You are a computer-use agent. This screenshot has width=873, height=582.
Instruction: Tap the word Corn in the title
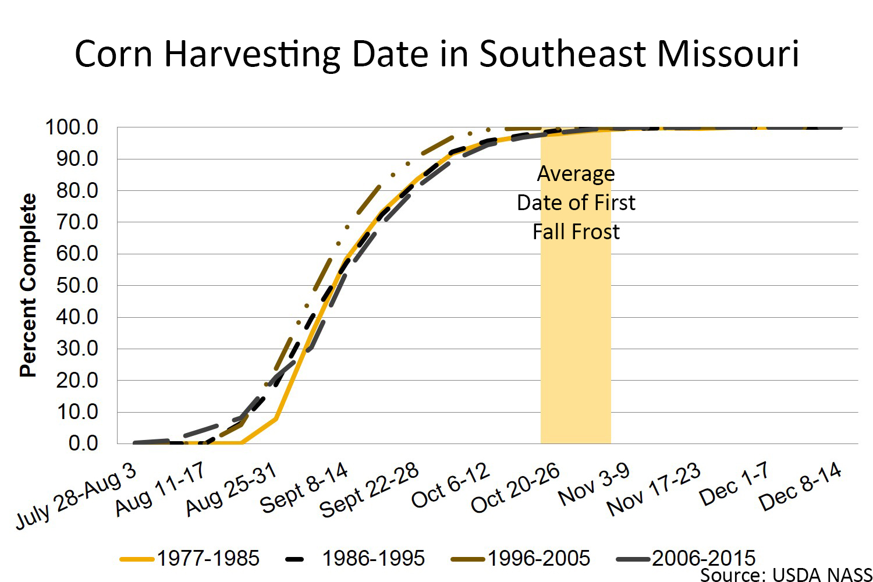(x=113, y=54)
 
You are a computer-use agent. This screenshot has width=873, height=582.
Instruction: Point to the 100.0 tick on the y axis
(x=72, y=127)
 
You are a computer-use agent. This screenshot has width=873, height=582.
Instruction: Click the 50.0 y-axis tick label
(x=77, y=285)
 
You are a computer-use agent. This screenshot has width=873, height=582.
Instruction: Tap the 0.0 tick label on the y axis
(x=83, y=443)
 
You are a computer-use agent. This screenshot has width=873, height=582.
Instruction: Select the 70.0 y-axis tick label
(x=77, y=222)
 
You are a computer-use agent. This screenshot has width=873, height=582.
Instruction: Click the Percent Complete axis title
(x=28, y=285)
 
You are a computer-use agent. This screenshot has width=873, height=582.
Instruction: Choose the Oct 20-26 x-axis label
(x=515, y=488)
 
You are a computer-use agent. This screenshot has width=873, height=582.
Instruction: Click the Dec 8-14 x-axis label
(x=800, y=487)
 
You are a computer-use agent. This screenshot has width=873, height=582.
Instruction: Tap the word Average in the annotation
(x=576, y=174)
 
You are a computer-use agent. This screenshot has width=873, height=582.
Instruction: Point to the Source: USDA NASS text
(x=786, y=575)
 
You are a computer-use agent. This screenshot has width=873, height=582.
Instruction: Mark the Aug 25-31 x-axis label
(x=231, y=490)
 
